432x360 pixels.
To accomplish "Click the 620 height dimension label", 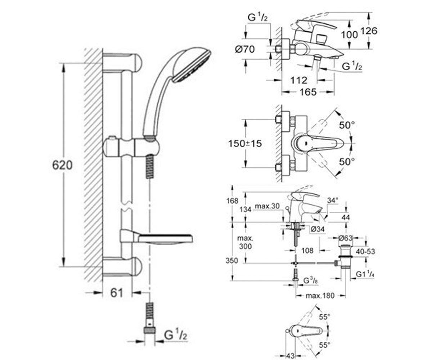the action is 62,166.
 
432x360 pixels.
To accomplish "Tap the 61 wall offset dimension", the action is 117,293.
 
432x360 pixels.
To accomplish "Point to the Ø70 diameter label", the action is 244,49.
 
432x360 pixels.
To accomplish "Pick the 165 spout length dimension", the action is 308,92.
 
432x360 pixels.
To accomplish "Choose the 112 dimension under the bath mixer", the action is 298,80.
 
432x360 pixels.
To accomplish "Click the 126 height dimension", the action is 369,31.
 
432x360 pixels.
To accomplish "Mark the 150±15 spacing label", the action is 245,144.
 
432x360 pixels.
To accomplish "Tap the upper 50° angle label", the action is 347,125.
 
